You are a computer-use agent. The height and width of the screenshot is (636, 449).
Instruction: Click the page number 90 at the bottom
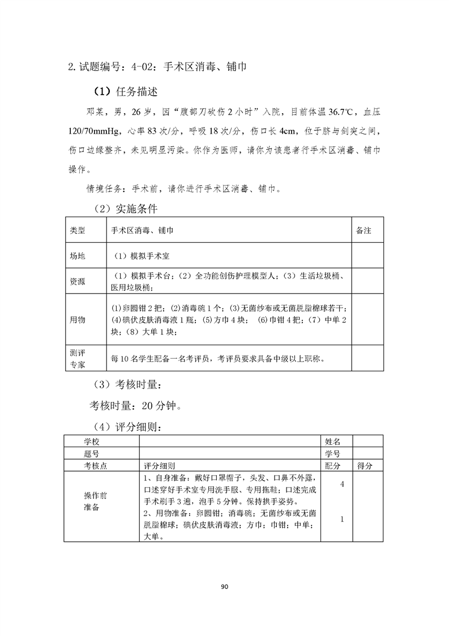(224, 587)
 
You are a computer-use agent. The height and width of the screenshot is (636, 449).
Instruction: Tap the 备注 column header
(363, 231)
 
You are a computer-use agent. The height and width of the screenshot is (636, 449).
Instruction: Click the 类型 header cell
(78, 231)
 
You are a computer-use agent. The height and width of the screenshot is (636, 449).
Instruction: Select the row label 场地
(78, 256)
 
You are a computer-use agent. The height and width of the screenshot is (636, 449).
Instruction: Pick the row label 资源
(78, 281)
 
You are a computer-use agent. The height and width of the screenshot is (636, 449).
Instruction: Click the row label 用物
(78, 320)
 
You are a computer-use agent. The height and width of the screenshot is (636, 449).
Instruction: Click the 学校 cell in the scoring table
(91, 441)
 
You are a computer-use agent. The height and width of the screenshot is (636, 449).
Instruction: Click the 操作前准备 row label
(91, 501)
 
